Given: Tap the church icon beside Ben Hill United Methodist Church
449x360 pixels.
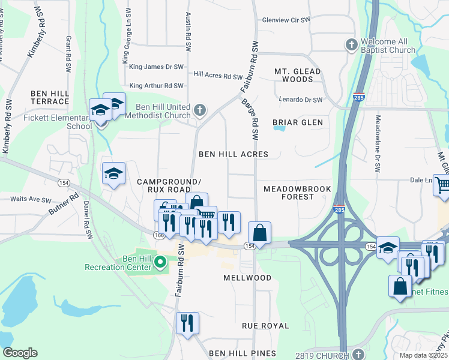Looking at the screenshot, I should point(200,110).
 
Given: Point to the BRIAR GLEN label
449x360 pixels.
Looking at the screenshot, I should point(298,122).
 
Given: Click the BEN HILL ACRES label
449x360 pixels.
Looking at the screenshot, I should point(234,154).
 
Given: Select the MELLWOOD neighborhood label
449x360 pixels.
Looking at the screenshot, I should point(247,278).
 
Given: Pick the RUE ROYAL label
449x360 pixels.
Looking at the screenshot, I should point(265,326).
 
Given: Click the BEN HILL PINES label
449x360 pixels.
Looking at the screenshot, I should point(239,353).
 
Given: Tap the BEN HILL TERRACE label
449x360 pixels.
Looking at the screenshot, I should point(50,97).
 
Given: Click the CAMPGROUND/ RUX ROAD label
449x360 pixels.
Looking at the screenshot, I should point(167,185).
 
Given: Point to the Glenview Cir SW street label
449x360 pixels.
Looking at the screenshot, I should point(286,20).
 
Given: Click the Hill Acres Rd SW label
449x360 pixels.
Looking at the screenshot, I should point(218,76).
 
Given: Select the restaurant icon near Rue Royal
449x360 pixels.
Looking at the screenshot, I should point(187,323).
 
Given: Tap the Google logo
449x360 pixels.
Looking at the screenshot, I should point(20,353).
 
